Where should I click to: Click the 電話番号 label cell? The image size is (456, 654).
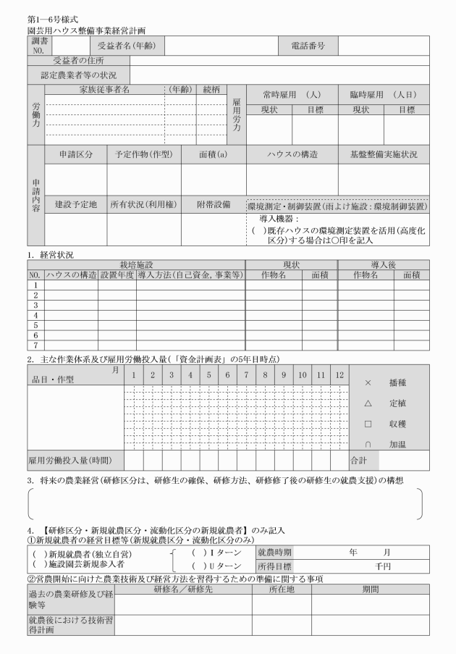[x=308, y=46]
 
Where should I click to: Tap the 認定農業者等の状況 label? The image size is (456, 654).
[x=79, y=75]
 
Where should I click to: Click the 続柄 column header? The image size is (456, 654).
[x=211, y=90]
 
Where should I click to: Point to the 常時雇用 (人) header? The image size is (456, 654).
[x=293, y=95]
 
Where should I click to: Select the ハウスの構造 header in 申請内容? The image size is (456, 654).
[x=292, y=155]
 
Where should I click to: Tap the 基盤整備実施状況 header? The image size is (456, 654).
[x=383, y=155]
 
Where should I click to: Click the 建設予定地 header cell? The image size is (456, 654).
[x=76, y=205]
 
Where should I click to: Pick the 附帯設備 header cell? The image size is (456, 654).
[x=214, y=205]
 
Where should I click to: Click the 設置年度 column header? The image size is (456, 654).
[x=117, y=275]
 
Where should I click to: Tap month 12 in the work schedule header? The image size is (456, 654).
[x=339, y=376]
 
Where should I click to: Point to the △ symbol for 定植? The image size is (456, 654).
[x=368, y=403]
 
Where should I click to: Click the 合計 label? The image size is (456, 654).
[x=360, y=459]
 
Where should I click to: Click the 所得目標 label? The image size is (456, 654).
[x=274, y=566]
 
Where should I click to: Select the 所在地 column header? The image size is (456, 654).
[x=282, y=590]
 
